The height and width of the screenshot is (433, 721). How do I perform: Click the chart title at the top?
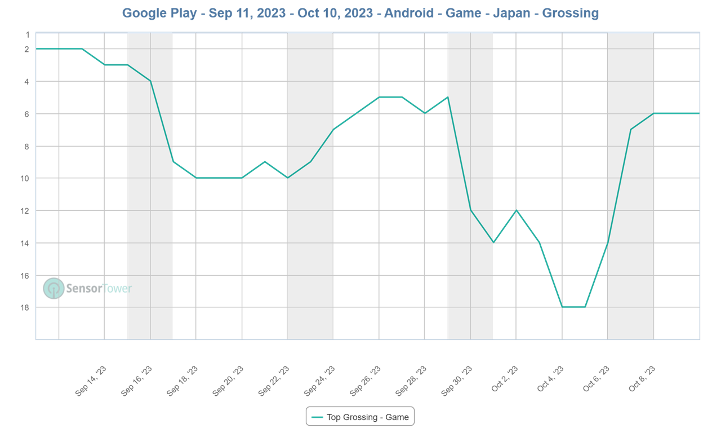(360, 13)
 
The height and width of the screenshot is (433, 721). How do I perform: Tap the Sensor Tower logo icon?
(54, 288)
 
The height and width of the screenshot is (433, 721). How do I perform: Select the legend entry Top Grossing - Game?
(360, 417)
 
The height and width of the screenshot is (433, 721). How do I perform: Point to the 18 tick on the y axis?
(26, 308)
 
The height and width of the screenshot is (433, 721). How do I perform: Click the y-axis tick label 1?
(27, 34)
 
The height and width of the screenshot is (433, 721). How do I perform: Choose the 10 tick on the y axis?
(26, 178)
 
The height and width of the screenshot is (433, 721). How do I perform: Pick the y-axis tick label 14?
(26, 243)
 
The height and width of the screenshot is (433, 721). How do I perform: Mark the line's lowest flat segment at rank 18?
(573, 307)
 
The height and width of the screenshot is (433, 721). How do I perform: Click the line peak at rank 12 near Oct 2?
(517, 210)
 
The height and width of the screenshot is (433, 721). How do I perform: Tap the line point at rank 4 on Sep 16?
(150, 81)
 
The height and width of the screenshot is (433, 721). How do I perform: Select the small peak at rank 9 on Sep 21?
(265, 162)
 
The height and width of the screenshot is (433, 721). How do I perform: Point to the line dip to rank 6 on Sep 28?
(425, 113)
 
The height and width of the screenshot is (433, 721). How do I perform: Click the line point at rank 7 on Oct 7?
(631, 129)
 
